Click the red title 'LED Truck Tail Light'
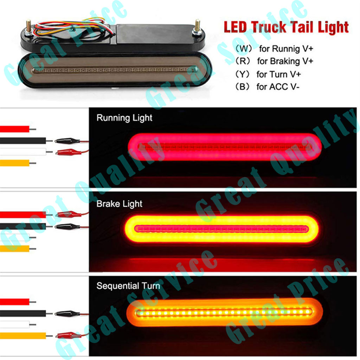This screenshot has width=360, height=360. click(x=286, y=27)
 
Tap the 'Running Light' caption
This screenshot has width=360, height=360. click(x=124, y=118)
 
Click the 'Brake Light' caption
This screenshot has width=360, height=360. click(x=120, y=204)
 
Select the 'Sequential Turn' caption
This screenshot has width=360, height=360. click(x=128, y=286)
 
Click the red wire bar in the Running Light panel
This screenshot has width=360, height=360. click(x=15, y=129)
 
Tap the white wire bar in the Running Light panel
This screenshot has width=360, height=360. click(x=23, y=152)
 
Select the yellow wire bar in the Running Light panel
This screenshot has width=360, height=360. click(x=15, y=163)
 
